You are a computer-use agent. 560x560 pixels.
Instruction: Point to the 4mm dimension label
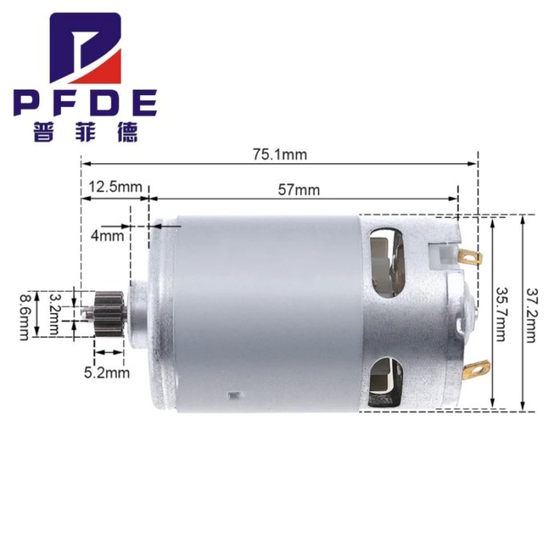pyautogui.click(x=106, y=236)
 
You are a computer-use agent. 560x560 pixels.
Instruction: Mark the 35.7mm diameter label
pyautogui.click(x=501, y=314)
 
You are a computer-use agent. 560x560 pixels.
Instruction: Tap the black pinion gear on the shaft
pyautogui.click(x=106, y=308)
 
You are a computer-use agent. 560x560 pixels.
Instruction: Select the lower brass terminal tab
pyautogui.click(x=477, y=368)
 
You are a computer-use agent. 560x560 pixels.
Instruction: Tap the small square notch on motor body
pyautogui.click(x=233, y=394)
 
